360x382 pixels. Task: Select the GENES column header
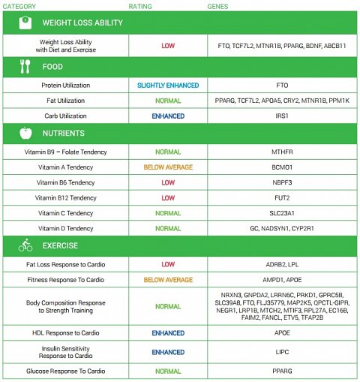(x=218, y=6)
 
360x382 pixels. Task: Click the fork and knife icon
(x=25, y=66)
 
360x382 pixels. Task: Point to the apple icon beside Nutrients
(x=25, y=134)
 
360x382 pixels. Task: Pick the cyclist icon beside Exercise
(x=25, y=245)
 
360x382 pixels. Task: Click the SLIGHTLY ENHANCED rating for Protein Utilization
(x=168, y=86)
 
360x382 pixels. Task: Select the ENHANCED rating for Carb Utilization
(x=168, y=116)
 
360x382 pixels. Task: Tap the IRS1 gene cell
(x=282, y=116)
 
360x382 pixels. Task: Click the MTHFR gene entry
(x=282, y=152)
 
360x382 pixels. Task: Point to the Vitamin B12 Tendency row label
(x=67, y=198)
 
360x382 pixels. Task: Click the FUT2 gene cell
(x=282, y=198)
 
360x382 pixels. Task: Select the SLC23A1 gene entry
(x=282, y=213)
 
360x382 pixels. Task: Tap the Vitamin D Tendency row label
(x=67, y=228)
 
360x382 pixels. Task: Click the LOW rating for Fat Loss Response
(x=168, y=264)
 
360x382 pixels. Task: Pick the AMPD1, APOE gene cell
(x=282, y=279)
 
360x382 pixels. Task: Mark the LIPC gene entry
(x=282, y=352)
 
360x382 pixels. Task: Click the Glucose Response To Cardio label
(x=67, y=371)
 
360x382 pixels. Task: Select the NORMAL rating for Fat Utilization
(x=168, y=101)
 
